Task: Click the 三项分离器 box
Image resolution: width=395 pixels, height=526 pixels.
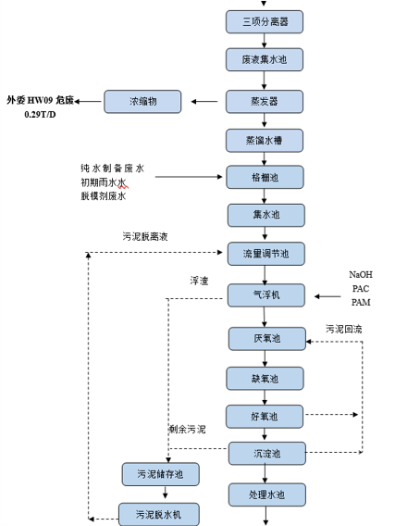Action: point(265,21)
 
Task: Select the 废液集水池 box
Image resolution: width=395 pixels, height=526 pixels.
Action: point(265,60)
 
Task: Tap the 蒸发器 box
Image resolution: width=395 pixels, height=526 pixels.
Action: point(265,101)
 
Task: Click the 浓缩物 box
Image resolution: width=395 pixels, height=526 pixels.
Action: point(142,101)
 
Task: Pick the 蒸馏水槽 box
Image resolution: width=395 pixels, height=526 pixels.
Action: point(265,140)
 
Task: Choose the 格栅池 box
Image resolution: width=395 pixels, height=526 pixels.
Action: point(265,176)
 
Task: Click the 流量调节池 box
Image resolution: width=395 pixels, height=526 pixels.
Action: point(265,253)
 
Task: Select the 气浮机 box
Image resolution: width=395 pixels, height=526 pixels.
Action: point(265,295)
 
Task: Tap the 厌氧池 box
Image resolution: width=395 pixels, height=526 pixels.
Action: point(265,338)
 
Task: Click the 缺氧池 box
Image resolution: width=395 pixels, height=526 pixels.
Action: point(265,378)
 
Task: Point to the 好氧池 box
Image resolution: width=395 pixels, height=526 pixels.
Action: point(265,416)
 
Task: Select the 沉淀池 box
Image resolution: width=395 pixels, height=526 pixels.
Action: point(265,453)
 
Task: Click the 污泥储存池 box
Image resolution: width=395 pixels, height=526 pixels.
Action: point(160,474)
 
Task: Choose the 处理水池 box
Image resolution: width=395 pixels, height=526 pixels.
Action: point(265,494)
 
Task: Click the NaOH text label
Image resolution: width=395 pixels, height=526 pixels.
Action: point(360,275)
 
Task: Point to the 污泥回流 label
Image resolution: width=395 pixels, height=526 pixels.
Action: point(343,329)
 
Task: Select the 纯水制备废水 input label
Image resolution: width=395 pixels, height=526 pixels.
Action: point(112,169)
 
